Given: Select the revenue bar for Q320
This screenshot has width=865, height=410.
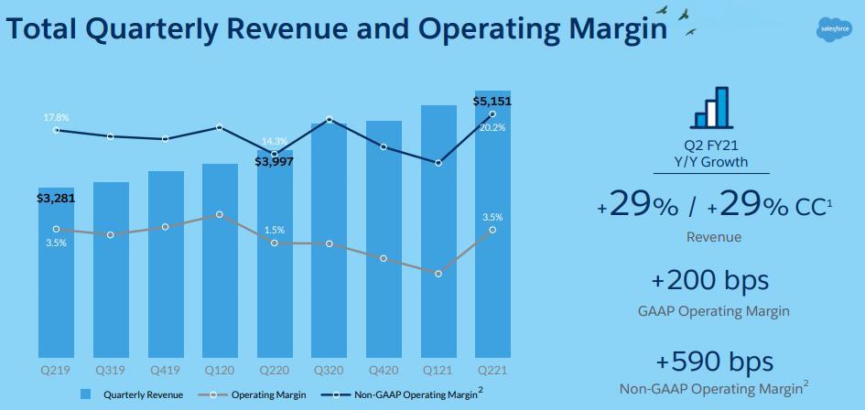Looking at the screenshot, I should click(329, 238).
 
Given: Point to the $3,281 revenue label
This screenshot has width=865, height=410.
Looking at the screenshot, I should click(56, 197).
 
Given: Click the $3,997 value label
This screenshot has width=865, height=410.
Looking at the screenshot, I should click(274, 162).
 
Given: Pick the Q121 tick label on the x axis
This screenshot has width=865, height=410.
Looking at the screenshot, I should click(438, 371).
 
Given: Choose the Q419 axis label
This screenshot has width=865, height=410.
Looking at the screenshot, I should click(166, 371).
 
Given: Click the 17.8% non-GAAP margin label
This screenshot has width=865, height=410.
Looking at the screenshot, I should click(56, 118).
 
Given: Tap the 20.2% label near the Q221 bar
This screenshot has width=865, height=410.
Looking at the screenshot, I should click(492, 128).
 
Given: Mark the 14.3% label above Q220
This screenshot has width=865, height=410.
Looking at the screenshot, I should click(275, 141).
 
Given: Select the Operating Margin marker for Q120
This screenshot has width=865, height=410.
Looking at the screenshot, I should click(220, 214).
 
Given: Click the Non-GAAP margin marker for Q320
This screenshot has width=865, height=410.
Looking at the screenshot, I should click(329, 120).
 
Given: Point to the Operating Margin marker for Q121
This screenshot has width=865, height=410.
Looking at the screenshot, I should click(438, 274).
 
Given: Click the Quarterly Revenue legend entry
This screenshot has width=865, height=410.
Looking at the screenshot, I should click(134, 394).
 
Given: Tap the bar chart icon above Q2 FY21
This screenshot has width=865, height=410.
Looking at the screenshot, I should click(712, 107).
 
